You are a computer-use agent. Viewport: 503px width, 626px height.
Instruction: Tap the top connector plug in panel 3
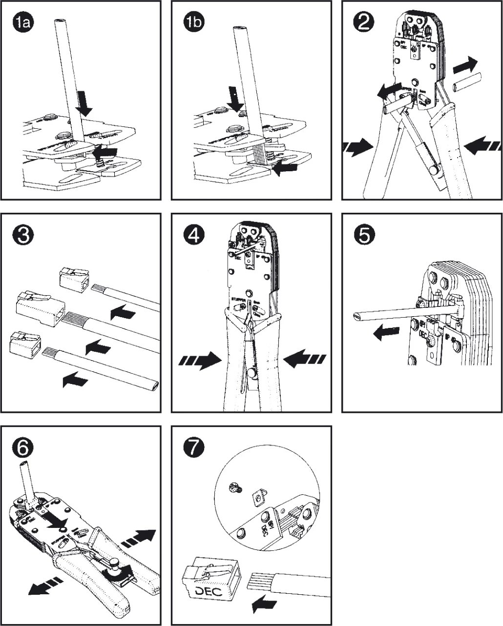pyautogui.click(x=74, y=280)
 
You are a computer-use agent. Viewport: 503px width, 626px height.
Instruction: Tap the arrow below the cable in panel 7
pyautogui.click(x=264, y=606)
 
